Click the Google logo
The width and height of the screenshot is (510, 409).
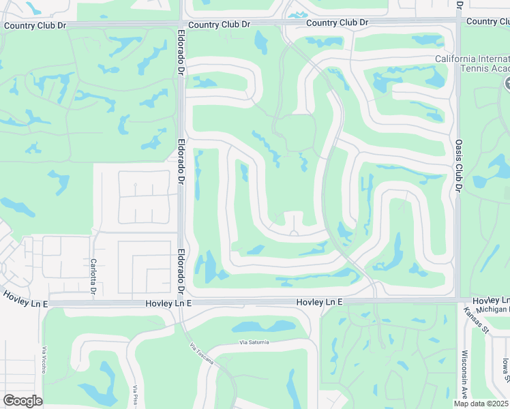point(22,400)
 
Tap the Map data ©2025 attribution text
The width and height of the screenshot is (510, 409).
point(480,403)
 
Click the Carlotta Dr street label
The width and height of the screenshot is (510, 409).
point(93,277)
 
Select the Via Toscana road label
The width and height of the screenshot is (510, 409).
point(202,354)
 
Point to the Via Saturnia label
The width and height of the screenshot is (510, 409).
point(254,342)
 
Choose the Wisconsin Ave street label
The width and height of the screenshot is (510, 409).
point(464,375)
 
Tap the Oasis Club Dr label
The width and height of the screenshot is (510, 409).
point(458,166)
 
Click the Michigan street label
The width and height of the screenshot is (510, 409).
point(492,309)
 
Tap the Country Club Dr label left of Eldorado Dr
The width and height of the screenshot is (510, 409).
point(34,26)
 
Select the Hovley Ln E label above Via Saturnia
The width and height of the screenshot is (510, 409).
point(319,301)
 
